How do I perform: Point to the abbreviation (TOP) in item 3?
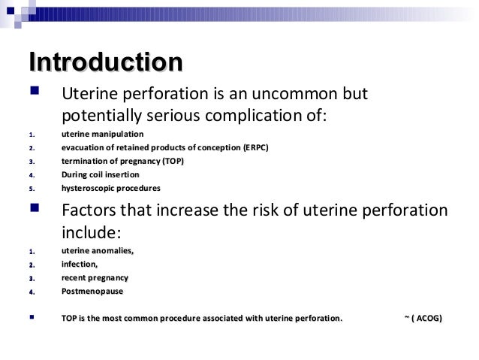(x=172, y=161)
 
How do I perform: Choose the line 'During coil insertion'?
(x=100, y=174)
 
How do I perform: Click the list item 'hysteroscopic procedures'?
(x=110, y=188)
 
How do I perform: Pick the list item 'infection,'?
(x=80, y=264)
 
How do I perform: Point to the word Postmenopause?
(x=92, y=291)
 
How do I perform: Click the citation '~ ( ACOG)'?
(x=423, y=319)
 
